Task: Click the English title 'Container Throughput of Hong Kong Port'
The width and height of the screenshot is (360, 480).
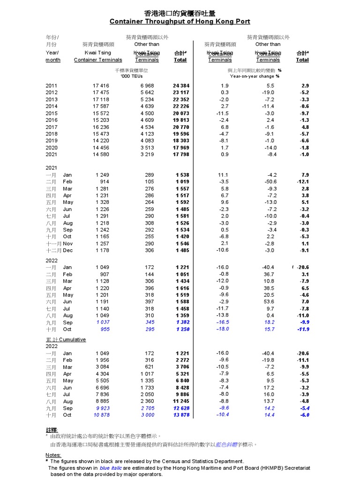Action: (x=180, y=22)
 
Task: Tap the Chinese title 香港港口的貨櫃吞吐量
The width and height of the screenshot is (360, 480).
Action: (x=180, y=13)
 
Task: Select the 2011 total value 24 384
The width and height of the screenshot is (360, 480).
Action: (x=181, y=85)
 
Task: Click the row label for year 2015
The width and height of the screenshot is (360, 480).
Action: (x=52, y=113)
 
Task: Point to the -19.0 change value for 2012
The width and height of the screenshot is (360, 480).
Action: (x=268, y=92)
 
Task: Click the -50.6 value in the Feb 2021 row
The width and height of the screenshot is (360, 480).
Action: (x=268, y=181)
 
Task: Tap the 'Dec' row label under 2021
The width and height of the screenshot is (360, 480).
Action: (x=67, y=251)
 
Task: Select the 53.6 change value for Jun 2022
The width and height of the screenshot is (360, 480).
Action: (x=268, y=302)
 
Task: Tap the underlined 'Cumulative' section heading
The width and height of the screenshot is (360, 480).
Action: (x=73, y=339)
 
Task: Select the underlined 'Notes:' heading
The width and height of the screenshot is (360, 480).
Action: (x=53, y=455)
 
